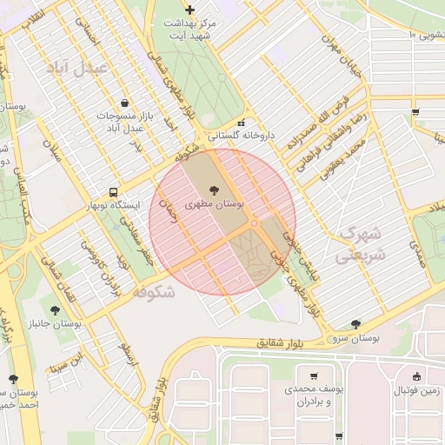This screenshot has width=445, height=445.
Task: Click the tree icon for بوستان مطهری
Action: [215, 188]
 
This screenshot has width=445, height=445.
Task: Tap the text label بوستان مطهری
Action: [215, 203]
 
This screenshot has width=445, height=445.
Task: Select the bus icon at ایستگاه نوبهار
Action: [113, 193]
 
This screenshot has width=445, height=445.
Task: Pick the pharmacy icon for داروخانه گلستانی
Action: [242, 123]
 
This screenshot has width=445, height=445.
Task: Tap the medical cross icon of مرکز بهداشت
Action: [190, 10]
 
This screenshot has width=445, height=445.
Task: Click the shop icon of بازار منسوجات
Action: [125, 102]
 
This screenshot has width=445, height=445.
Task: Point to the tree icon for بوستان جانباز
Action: [56, 309]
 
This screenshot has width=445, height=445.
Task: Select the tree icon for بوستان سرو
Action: [355, 324]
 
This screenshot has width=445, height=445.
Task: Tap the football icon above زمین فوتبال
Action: [418, 377]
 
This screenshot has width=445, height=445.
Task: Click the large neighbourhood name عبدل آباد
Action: [78, 67]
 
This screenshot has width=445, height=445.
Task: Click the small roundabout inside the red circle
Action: [254, 223]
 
